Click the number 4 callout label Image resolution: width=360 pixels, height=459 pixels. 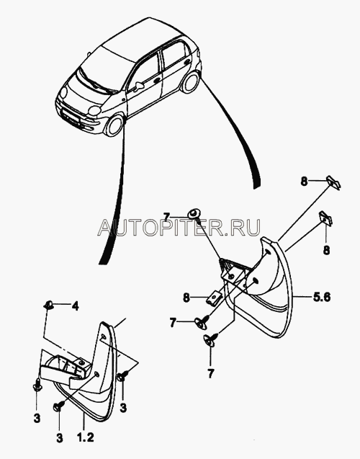click(x=75, y=306)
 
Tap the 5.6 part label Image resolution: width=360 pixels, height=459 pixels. click(x=321, y=297)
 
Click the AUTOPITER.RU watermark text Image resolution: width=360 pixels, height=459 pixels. click(x=179, y=227)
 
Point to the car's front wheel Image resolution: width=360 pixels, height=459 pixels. click(x=114, y=125)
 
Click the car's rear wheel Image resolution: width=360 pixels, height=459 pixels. click(x=190, y=82)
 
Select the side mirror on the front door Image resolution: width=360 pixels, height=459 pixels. click(x=140, y=85)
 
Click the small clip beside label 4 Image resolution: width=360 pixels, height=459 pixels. click(x=49, y=306)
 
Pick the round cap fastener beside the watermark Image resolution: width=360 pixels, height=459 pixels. click(x=194, y=213)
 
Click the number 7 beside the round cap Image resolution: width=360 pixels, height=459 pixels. click(x=166, y=217)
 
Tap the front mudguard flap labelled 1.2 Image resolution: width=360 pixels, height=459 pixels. click(x=88, y=372)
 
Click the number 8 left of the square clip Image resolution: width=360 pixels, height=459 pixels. click(x=186, y=298)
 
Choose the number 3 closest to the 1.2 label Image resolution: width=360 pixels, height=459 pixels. click(x=59, y=438)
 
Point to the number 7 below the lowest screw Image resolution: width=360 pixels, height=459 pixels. click(x=211, y=373)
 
